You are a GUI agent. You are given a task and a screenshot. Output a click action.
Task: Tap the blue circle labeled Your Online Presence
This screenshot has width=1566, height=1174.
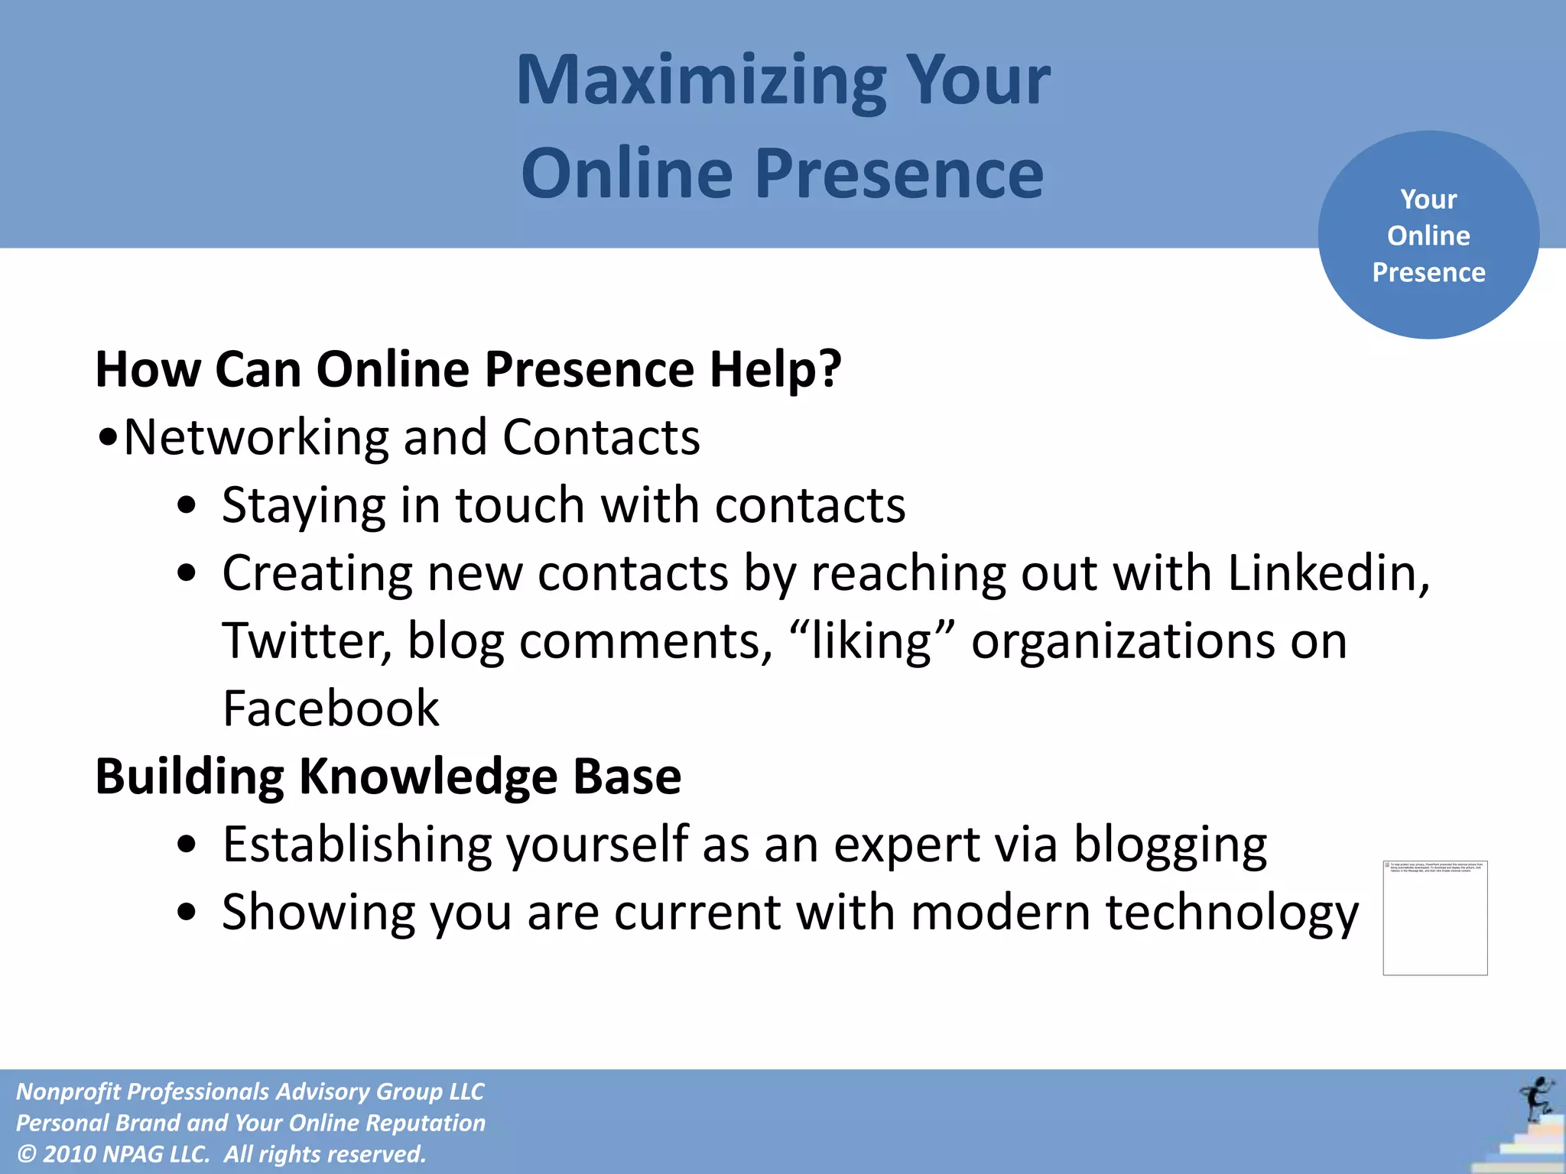point(1428,235)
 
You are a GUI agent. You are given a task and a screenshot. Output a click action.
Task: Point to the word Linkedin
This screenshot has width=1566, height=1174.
point(1328,573)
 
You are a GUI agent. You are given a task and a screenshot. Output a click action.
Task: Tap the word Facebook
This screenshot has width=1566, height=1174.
point(330,709)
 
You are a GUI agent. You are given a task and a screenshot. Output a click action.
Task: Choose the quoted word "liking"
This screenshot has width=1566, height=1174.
point(872,641)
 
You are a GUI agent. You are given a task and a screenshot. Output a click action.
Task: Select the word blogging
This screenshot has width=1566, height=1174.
point(1170,845)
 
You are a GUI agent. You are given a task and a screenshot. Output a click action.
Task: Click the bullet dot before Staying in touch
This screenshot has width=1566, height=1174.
point(186,507)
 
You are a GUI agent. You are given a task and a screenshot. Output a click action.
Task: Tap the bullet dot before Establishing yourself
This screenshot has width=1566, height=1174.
point(186,845)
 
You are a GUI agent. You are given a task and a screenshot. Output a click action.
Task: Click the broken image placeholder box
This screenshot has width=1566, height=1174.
point(1434,917)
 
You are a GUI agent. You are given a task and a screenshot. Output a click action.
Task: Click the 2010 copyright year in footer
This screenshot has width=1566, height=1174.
point(70,1154)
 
